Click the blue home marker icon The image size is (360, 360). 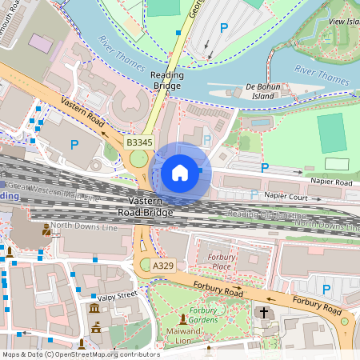coord(180,172)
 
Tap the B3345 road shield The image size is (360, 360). coord(139,142)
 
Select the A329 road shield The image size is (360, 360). coord(163,265)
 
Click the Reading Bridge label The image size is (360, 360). coord(167,80)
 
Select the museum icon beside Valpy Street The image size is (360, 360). coord(95,309)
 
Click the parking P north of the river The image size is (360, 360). coord(223,27)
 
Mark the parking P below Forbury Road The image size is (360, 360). coord(326,289)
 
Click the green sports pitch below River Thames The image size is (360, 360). coord(330,128)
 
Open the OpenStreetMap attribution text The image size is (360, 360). coord(80,354)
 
